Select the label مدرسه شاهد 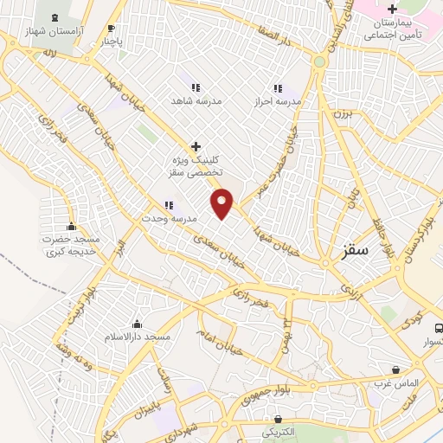point(201,101)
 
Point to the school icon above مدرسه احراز point(279,88)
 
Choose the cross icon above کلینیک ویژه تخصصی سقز point(196,146)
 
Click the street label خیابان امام point(216,337)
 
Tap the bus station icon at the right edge point(439,329)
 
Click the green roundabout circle point(319,62)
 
